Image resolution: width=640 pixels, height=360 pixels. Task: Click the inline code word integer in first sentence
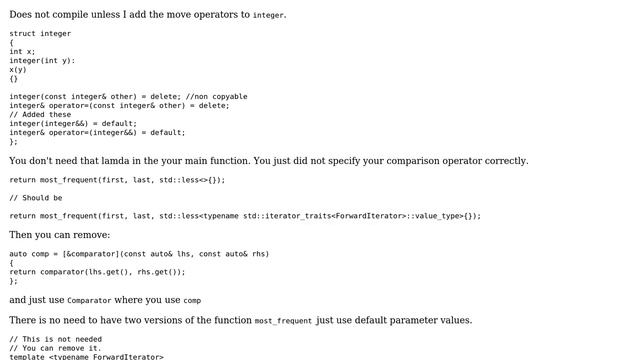coord(268,16)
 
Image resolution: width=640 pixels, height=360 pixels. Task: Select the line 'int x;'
coord(22,51)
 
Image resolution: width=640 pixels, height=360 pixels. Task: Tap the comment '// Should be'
coord(36,198)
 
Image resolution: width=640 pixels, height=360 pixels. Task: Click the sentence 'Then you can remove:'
coord(60,235)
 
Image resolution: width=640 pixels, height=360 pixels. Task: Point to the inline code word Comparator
coord(89,300)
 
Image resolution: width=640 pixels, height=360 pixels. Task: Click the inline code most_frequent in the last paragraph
coord(283,321)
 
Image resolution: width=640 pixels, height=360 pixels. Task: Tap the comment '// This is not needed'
coord(56,339)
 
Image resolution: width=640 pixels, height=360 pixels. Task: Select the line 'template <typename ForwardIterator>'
coord(86,356)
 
